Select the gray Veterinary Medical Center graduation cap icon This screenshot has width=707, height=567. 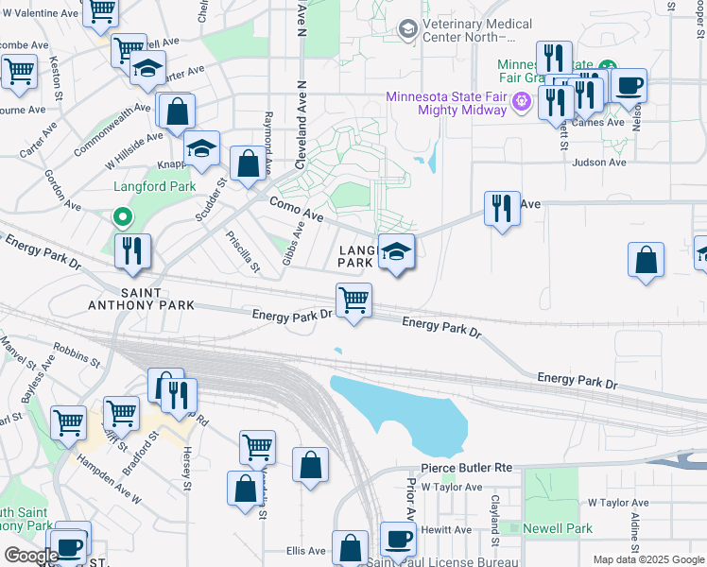(x=407, y=29)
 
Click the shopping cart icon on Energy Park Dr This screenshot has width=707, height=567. (x=353, y=301)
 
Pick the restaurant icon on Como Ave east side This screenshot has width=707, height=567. (x=502, y=207)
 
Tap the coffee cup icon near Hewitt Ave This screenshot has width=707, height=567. (x=398, y=539)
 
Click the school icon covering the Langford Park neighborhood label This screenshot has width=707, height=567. (x=397, y=252)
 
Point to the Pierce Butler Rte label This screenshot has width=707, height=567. (x=466, y=468)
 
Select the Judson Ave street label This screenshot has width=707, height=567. (x=599, y=162)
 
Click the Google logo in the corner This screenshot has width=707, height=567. (x=31, y=556)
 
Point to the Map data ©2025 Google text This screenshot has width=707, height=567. (x=647, y=559)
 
